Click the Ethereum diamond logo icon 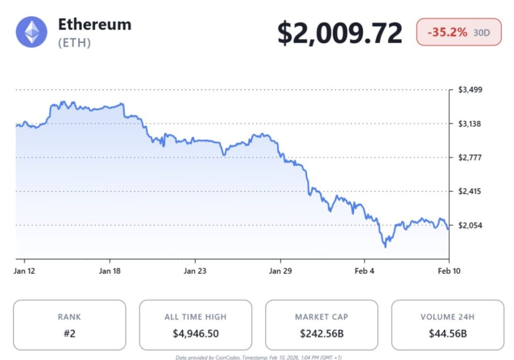[32, 32]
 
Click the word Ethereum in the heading [94, 24]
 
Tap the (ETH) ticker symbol [74, 43]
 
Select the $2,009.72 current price [340, 33]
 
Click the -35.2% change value [447, 32]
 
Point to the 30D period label [482, 33]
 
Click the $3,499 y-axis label [470, 90]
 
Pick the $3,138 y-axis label [470, 124]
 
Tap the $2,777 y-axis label [470, 158]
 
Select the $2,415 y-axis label [470, 191]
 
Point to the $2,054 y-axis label [470, 225]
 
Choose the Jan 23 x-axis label [195, 271]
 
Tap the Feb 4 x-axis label [364, 271]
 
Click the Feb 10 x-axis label [449, 271]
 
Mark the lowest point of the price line [385, 247]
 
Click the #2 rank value [69, 333]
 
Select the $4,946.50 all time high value [195, 333]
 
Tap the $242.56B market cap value [321, 333]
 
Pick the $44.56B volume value [448, 333]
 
